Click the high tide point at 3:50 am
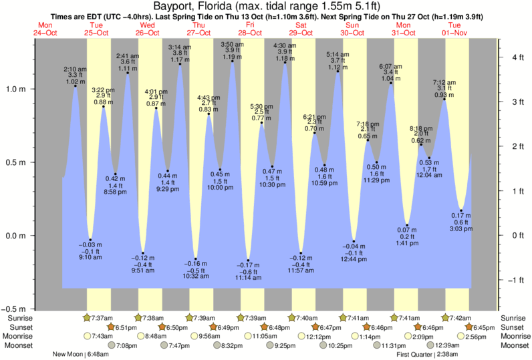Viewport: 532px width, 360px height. (x=233, y=63)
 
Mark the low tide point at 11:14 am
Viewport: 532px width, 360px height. (x=248, y=260)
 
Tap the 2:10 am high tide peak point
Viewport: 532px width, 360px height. (x=75, y=86)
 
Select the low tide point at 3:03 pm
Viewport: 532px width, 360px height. (x=460, y=210)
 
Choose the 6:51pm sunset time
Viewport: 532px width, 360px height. (x=124, y=327)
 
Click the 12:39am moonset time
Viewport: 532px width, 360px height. (x=447, y=345)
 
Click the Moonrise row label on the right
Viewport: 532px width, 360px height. (x=515, y=336)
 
